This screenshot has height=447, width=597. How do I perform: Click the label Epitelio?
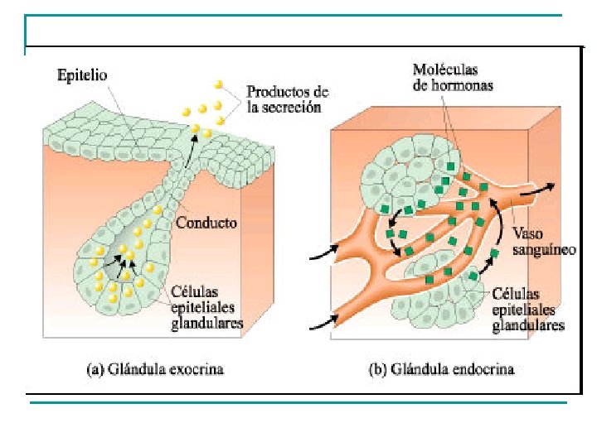click(81, 77)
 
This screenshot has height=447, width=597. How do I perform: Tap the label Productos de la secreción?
click(288, 99)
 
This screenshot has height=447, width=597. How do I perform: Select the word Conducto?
click(206, 223)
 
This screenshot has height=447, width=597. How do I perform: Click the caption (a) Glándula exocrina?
click(156, 368)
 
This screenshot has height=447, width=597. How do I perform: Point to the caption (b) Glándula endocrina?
click(441, 368)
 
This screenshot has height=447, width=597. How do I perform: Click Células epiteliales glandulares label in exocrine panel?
click(206, 308)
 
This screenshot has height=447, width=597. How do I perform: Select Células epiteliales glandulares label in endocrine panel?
click(528, 310)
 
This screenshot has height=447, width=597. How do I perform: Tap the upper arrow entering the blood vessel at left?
click(323, 248)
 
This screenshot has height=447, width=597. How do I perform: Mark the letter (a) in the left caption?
click(95, 368)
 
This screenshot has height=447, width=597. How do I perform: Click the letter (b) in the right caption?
click(376, 368)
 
